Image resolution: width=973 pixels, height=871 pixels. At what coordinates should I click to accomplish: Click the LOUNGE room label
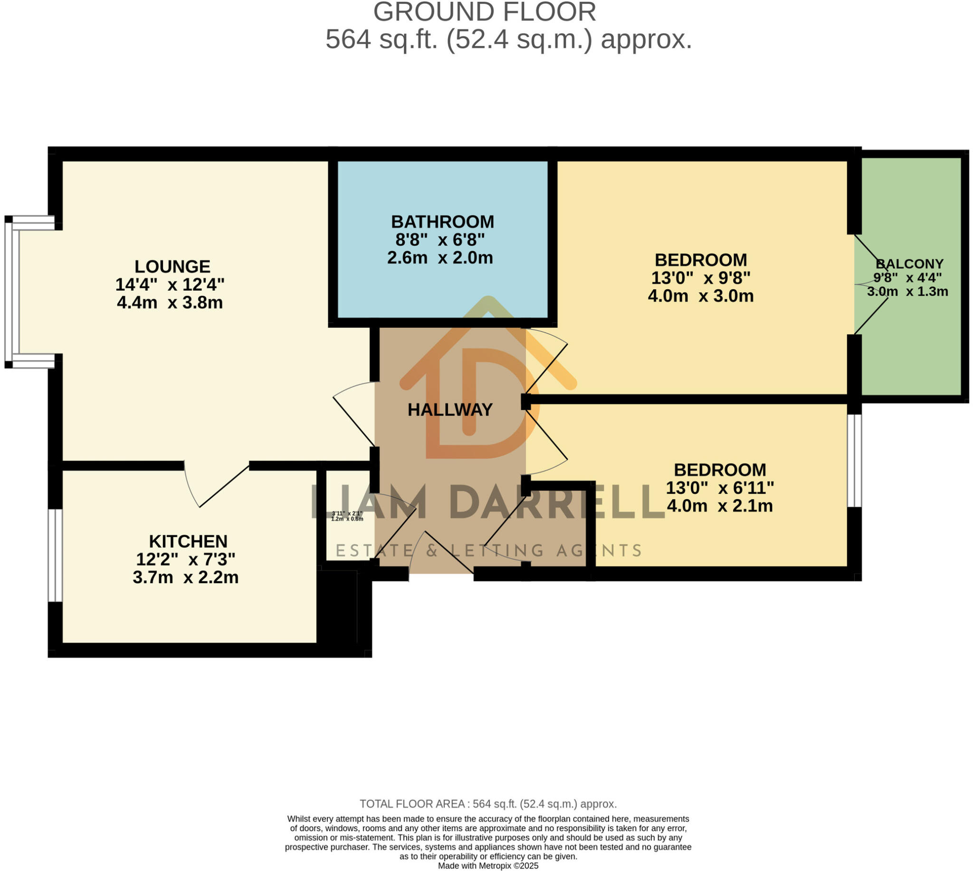172,266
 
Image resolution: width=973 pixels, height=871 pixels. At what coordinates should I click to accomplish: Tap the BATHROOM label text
442,222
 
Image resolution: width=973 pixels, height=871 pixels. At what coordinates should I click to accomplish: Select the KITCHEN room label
188,541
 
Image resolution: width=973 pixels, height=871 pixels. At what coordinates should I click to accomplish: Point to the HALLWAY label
449,410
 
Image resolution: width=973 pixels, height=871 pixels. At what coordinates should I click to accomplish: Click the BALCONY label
909,264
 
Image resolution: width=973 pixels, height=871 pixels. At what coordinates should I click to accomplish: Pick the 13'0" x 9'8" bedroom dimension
700,278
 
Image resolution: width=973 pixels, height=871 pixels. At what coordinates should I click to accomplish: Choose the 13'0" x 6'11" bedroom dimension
719,488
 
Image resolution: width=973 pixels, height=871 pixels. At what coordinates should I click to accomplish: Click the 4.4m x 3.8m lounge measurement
170,303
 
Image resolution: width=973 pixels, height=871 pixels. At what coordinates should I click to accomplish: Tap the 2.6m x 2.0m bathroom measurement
439,258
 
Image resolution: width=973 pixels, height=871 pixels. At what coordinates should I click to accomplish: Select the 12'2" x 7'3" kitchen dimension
185,559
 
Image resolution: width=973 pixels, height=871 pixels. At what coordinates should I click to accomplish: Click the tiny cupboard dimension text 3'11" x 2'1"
347,513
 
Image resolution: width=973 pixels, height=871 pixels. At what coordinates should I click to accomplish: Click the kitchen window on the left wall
56,555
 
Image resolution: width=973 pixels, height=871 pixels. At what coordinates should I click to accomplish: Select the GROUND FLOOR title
484,11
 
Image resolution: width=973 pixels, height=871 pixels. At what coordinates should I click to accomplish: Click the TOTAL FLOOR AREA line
487,804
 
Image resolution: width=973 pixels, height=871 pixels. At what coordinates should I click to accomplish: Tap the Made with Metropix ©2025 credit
487,866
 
